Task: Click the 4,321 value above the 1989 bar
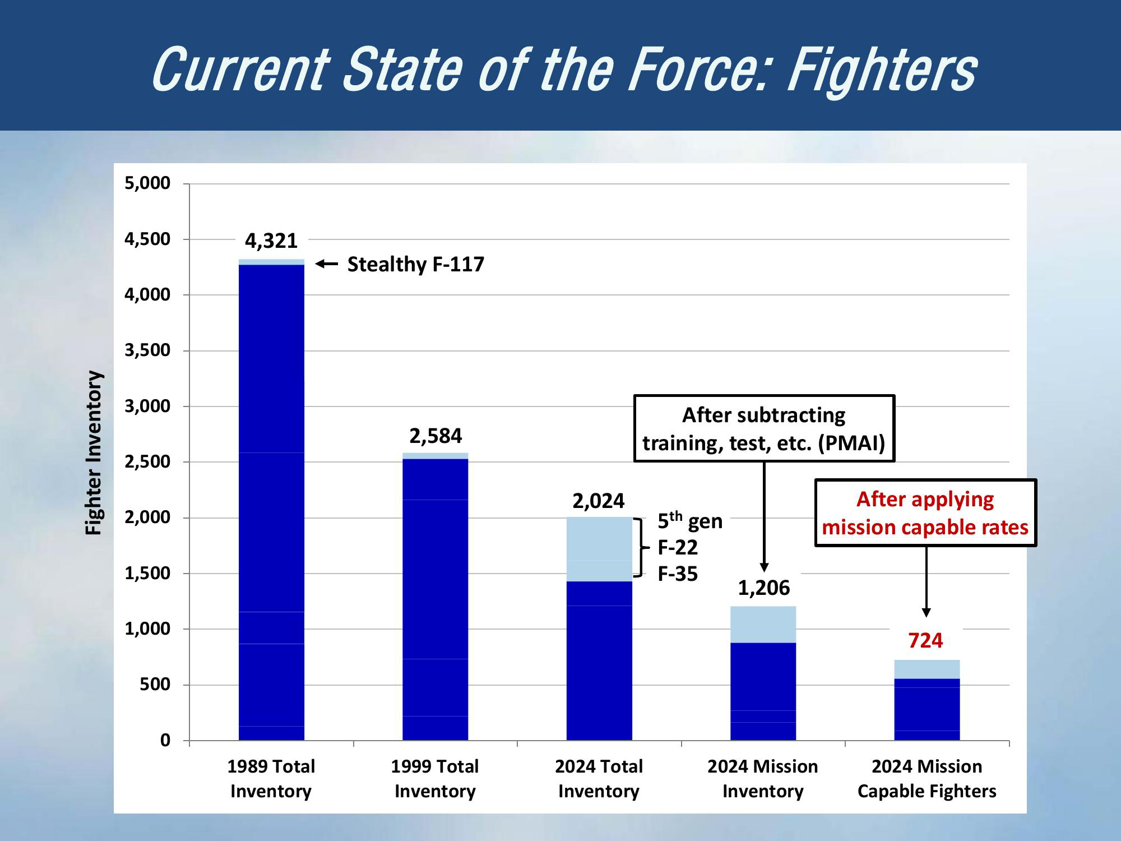(271, 241)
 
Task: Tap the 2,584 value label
(436, 436)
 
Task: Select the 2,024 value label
(599, 501)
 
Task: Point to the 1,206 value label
(763, 588)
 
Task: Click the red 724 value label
(925, 640)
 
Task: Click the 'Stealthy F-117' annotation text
(415, 264)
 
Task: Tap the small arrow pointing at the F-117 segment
(326, 264)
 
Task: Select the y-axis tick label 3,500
(147, 350)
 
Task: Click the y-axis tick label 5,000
(147, 183)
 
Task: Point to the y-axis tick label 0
(165, 741)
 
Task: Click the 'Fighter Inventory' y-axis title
(94, 453)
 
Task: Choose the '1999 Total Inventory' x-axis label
(435, 778)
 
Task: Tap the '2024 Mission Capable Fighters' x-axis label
(927, 778)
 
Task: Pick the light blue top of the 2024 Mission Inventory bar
(763, 624)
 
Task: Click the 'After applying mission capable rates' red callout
(925, 513)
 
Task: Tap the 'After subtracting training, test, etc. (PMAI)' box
(763, 429)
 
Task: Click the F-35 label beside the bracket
(678, 574)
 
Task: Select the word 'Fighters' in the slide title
(882, 70)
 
